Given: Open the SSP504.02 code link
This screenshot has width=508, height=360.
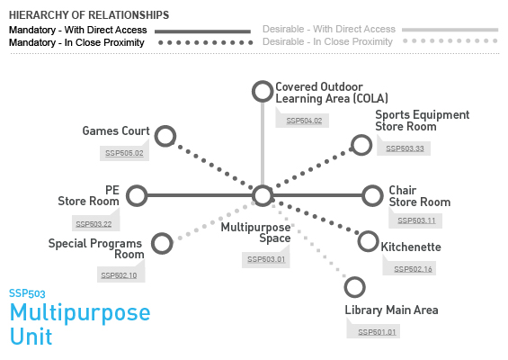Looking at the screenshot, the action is pos(304,121).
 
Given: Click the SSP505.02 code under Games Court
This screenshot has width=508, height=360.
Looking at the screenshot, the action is pos(124,153).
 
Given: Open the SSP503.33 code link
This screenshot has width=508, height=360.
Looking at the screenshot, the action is pos(405,148).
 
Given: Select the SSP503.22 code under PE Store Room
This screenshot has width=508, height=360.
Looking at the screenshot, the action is pos(94,224).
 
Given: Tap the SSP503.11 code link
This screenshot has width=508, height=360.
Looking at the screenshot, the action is pos(416,220).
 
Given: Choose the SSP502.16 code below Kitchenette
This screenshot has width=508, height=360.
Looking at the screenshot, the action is pos(413,269).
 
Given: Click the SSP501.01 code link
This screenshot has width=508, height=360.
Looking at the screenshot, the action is pos(377,332).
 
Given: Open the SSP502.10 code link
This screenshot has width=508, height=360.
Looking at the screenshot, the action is pos(119,275).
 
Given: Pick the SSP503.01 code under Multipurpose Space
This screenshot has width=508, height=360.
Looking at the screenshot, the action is pos(266,259).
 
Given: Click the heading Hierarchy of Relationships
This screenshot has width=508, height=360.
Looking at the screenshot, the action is pos(89,15).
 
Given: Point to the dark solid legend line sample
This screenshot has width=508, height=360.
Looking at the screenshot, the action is pos(203,31).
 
